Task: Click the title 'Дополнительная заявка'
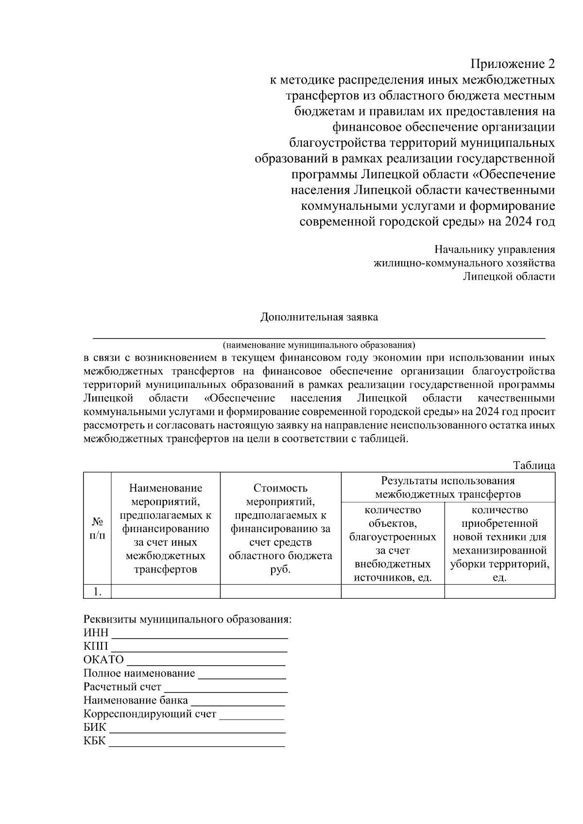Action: (x=319, y=318)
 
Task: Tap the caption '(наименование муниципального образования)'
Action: (x=319, y=345)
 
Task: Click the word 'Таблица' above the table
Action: (x=534, y=465)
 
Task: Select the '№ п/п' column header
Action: (x=97, y=528)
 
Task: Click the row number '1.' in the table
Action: (x=97, y=591)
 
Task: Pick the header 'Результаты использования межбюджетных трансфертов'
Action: (x=447, y=488)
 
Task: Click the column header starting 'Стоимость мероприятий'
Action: (x=280, y=528)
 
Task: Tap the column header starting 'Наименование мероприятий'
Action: (x=166, y=528)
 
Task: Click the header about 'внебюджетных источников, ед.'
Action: (x=393, y=543)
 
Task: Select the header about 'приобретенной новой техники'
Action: (x=499, y=543)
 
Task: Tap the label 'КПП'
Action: (x=96, y=647)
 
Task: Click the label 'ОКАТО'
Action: (x=103, y=660)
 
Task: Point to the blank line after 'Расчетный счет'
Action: (x=226, y=689)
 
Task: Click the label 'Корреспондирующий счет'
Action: (x=150, y=714)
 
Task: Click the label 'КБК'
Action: (x=94, y=741)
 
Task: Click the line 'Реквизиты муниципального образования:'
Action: (x=188, y=620)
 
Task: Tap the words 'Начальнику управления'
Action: (x=494, y=250)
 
